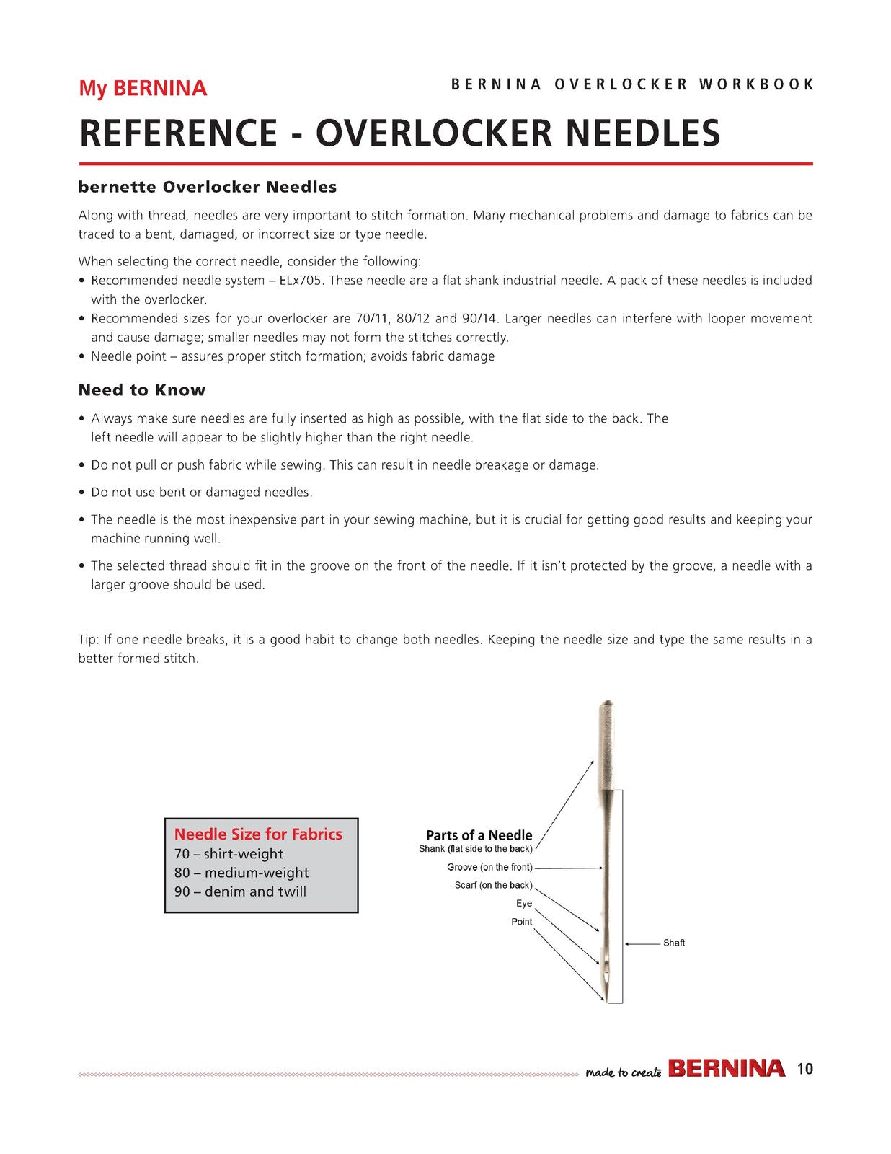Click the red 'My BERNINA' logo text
pos(143,88)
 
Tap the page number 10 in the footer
pos(805,1068)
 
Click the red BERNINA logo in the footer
pos(727,1068)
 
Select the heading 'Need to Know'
pos(142,389)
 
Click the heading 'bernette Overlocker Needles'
pos(208,187)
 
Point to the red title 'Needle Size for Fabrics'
pos(259,834)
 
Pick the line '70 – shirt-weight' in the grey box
pos(229,853)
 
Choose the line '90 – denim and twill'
pos(240,891)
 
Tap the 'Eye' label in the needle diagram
pos(524,903)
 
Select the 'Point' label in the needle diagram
pos(522,921)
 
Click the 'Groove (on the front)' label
pos(489,867)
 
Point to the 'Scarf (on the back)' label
pos(494,885)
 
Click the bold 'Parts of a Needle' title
pos(479,835)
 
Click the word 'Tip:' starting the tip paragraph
pos(88,640)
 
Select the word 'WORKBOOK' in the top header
pos(756,84)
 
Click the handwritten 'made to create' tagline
pos(624,1072)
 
